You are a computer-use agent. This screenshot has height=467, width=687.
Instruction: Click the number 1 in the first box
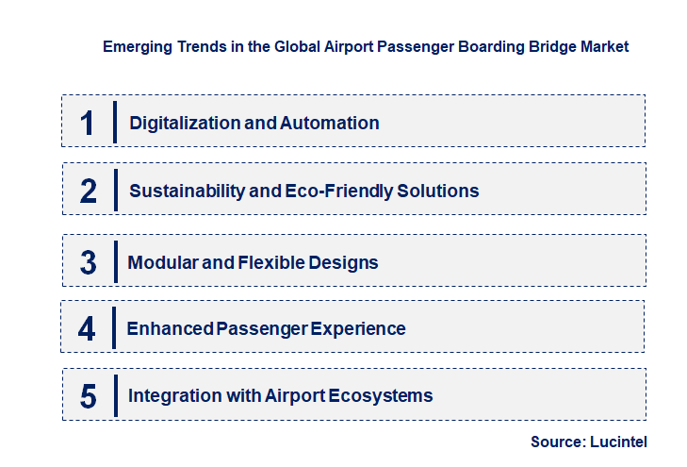tap(88, 123)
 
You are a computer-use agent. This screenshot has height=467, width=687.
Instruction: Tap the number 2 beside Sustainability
tap(89, 191)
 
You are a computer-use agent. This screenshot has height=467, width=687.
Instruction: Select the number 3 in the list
tap(89, 262)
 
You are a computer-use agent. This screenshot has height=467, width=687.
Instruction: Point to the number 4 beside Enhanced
tap(88, 328)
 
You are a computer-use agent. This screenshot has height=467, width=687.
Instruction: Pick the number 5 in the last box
tap(89, 395)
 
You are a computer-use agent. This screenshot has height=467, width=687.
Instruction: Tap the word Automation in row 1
tap(330, 123)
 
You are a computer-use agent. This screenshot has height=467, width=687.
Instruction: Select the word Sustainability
tap(186, 191)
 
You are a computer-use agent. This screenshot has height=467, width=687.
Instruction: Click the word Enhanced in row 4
tap(168, 328)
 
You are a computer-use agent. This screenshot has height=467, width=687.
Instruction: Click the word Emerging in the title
tap(136, 45)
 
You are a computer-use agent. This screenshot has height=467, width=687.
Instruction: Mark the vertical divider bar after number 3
tap(114, 262)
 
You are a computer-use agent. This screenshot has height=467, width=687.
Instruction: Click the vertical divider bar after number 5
tap(114, 395)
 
